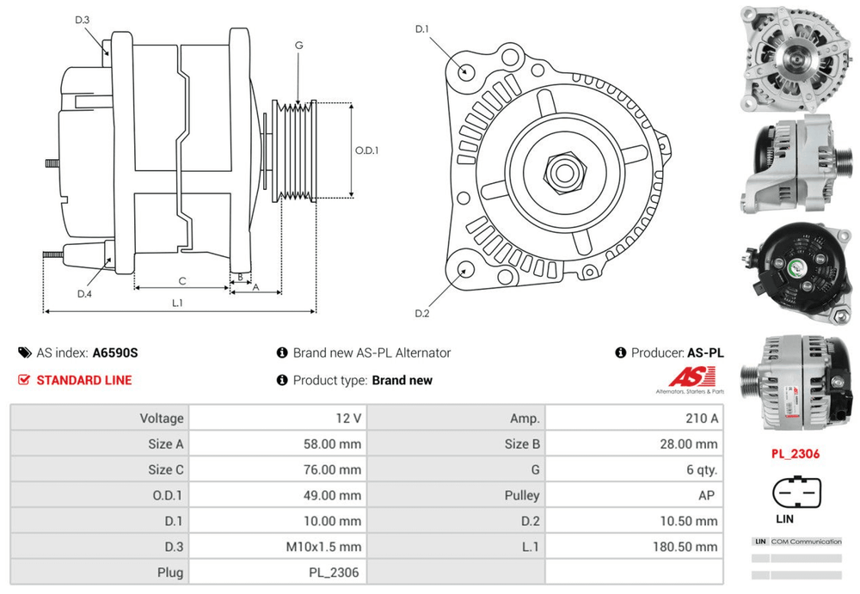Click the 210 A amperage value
(702, 419)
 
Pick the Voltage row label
(162, 419)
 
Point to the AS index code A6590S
(115, 352)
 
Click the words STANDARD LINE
(84, 380)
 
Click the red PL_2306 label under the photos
(795, 454)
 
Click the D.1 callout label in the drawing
(422, 30)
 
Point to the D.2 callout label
(422, 313)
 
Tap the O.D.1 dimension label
(367, 150)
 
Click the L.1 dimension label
(178, 302)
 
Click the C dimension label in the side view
(181, 281)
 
